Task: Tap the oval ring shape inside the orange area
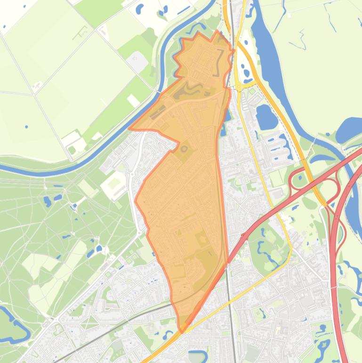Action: (184, 149)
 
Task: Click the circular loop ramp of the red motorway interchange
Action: (298, 179)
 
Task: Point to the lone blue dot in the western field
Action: (26, 127)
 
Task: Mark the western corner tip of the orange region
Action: (129, 128)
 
